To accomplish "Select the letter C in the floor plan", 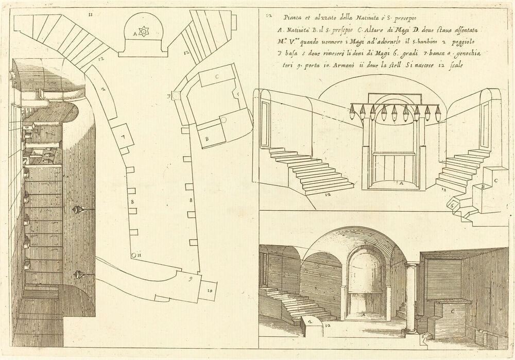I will click(x=217, y=76).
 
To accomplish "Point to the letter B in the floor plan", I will click(x=207, y=139).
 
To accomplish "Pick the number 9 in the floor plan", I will click(x=191, y=281).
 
